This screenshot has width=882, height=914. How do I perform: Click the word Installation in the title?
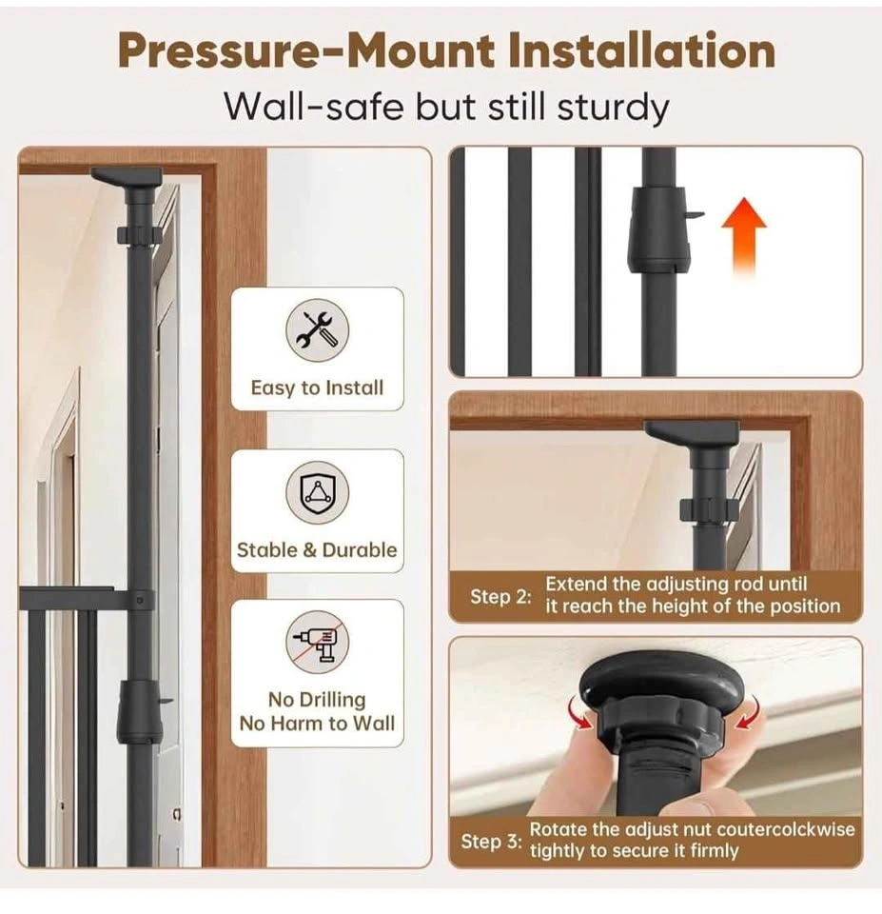coord(641,50)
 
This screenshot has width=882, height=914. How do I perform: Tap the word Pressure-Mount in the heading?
coord(305,51)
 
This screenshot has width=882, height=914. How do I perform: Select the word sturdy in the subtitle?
coord(613,109)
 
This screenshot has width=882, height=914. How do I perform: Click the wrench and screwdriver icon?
coord(317,330)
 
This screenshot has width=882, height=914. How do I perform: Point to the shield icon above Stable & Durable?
coord(317,492)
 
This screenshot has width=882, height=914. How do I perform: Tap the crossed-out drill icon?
coord(317,642)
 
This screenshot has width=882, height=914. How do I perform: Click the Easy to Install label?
coord(317,388)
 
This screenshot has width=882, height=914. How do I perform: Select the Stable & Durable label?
coord(317,549)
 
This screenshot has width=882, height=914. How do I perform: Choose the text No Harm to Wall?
coord(317,724)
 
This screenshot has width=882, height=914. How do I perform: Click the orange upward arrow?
coord(744,236)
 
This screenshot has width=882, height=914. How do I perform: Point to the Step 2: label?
coord(500,597)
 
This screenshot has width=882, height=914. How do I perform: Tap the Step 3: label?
coord(491,841)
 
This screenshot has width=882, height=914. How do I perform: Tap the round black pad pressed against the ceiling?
coord(662,684)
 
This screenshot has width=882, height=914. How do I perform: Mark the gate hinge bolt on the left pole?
coord(139,600)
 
